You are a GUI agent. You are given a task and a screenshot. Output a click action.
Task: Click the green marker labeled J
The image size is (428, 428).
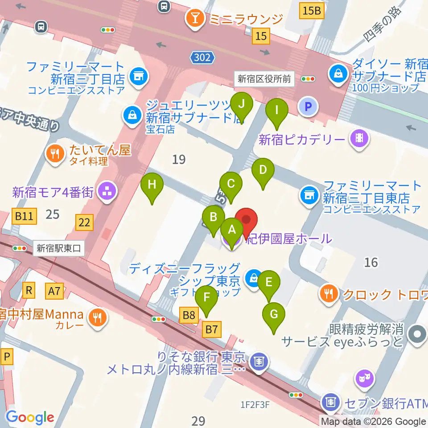coord(242,104)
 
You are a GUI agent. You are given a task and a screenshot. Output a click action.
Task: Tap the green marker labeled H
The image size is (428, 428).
coord(152,185)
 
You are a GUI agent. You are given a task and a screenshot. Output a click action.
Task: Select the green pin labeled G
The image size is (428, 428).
coord(274,314)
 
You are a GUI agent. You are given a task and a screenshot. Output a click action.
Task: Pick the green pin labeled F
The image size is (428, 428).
coord(206,297)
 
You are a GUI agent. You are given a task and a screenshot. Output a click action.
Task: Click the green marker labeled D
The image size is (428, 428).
coord(263,170)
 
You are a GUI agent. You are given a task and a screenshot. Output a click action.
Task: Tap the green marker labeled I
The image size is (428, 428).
coord(276,110)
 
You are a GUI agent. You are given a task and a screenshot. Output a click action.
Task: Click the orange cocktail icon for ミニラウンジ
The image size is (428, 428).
coord(195,18)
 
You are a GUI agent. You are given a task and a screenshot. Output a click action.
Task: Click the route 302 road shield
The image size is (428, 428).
coord(203,57)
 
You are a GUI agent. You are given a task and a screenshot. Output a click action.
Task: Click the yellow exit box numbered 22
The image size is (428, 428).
coord(85,221)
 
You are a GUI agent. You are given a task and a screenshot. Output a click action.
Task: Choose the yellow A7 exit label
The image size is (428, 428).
coord(54,292)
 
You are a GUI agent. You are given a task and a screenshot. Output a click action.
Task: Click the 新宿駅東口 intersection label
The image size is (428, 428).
coord(59,248)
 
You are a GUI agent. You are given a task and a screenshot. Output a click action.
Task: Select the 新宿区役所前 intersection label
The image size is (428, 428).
coord(264,79)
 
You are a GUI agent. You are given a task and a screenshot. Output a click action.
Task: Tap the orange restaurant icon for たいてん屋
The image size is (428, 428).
coord(55,153)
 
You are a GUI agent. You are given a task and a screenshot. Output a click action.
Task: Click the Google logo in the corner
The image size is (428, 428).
coord(30,417)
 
